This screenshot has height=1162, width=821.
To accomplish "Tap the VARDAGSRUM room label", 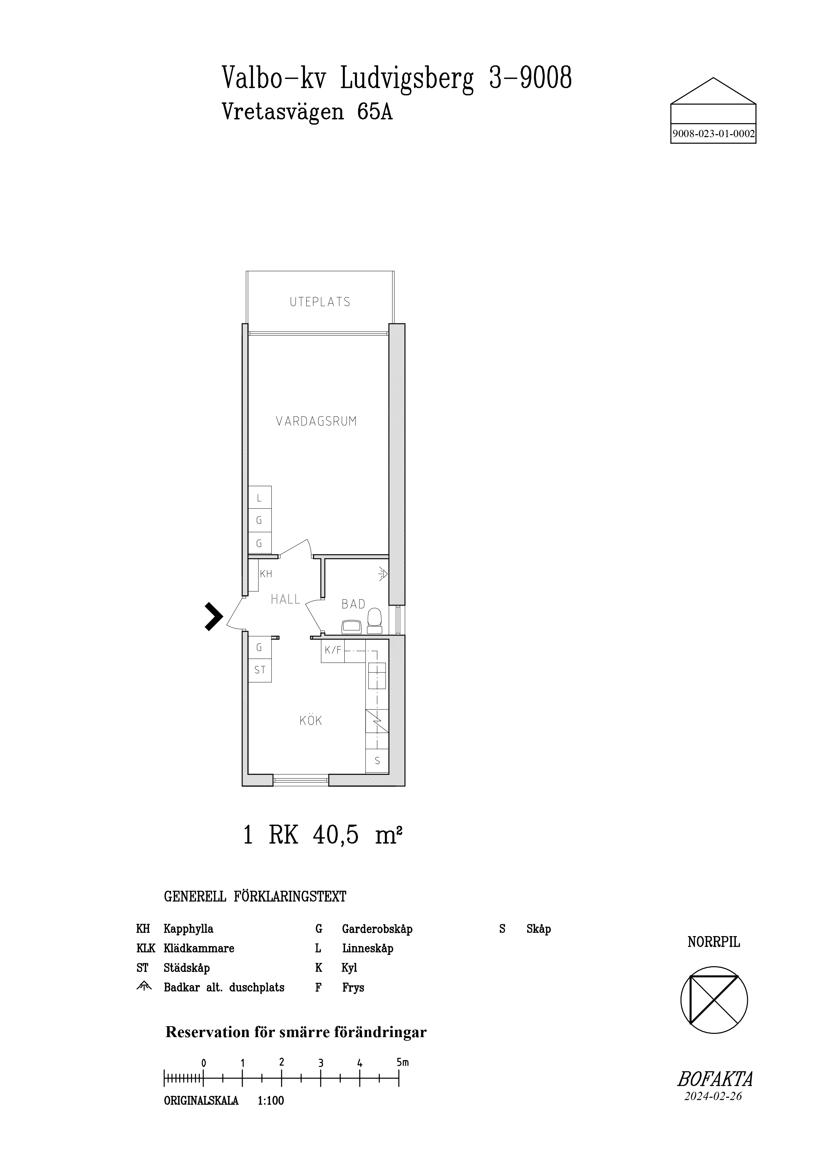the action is pos(316,421).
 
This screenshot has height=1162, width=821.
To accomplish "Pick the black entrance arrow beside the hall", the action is pos(214,616).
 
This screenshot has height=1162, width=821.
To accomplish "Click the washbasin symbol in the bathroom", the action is pos(352,627).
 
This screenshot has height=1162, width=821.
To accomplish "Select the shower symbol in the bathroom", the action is pos(383,574).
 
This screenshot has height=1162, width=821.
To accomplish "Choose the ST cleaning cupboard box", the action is pos(260,670).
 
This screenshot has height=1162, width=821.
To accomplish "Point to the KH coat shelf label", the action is pos(266,574).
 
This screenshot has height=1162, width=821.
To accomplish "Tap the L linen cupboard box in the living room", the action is pos(260,498).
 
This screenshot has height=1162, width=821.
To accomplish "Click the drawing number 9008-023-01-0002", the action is pos(713,134).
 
